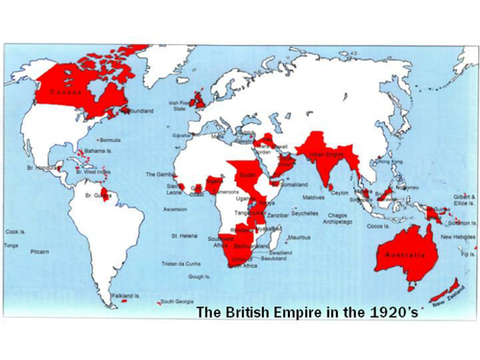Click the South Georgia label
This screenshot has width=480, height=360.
pos(178,300)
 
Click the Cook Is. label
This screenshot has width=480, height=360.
pos(15,231)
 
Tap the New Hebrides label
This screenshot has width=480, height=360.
pos(456,236)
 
